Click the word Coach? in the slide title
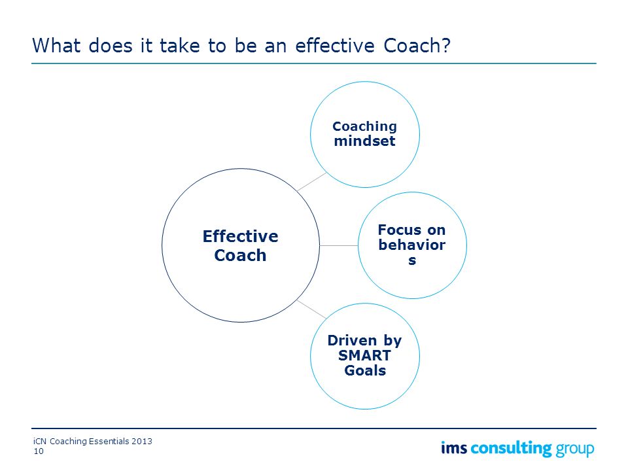tap(417, 46)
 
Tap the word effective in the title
tap(335, 45)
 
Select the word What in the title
tap(56, 45)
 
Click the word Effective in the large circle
tap(240, 236)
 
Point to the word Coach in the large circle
tap(240, 255)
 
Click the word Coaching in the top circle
tap(364, 126)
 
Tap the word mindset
tap(364, 141)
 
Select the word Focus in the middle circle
tap(400, 230)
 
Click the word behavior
tap(411, 245)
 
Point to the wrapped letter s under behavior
tap(412, 260)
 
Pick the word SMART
tap(364, 355)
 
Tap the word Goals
tap(365, 370)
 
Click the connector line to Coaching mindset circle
tap(312, 181)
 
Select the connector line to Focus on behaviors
tap(339, 245)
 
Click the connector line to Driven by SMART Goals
tap(311, 309)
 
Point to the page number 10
tap(39, 451)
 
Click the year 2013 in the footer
tap(142, 442)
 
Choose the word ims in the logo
tap(454, 447)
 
